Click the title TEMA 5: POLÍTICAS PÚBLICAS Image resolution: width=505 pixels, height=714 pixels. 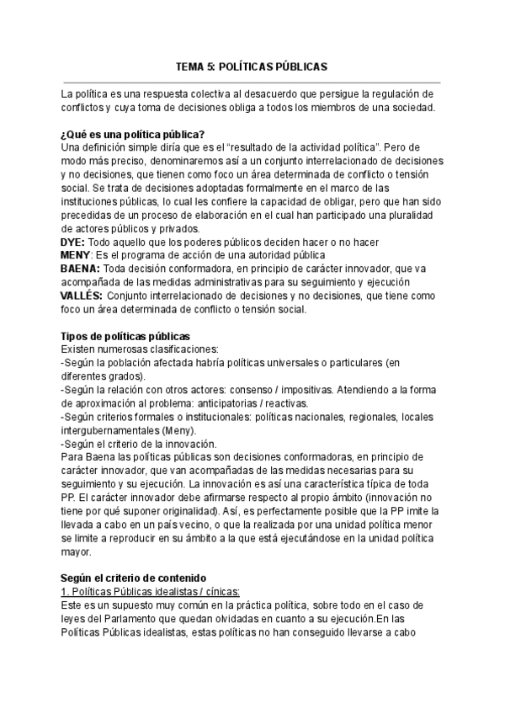pyautogui.click(x=251, y=66)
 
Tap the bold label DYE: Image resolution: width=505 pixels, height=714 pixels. pyautogui.click(x=72, y=242)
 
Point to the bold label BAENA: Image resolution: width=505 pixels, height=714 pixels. pyautogui.click(x=81, y=269)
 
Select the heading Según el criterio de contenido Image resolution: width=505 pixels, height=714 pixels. pyautogui.click(x=132, y=578)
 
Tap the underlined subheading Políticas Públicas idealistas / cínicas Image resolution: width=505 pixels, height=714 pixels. pyautogui.click(x=150, y=592)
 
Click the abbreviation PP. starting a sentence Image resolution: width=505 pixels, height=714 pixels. pyautogui.click(x=69, y=498)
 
